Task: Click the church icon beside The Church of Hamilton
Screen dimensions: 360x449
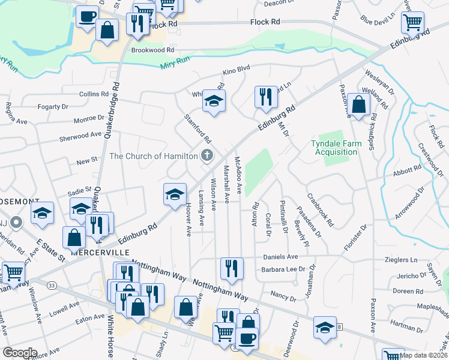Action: [207, 156]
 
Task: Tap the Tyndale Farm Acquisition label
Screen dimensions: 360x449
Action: [334, 147]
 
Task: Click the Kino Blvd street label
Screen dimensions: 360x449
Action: [236, 70]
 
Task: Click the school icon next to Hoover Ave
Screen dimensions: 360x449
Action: [175, 194]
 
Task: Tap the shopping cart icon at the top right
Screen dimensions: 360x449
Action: [412, 22]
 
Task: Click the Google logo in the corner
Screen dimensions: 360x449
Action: [20, 353]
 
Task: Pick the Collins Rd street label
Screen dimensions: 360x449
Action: [94, 94]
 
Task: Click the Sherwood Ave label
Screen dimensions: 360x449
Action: [80, 136]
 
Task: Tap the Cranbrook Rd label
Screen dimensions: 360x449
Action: [320, 211]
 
